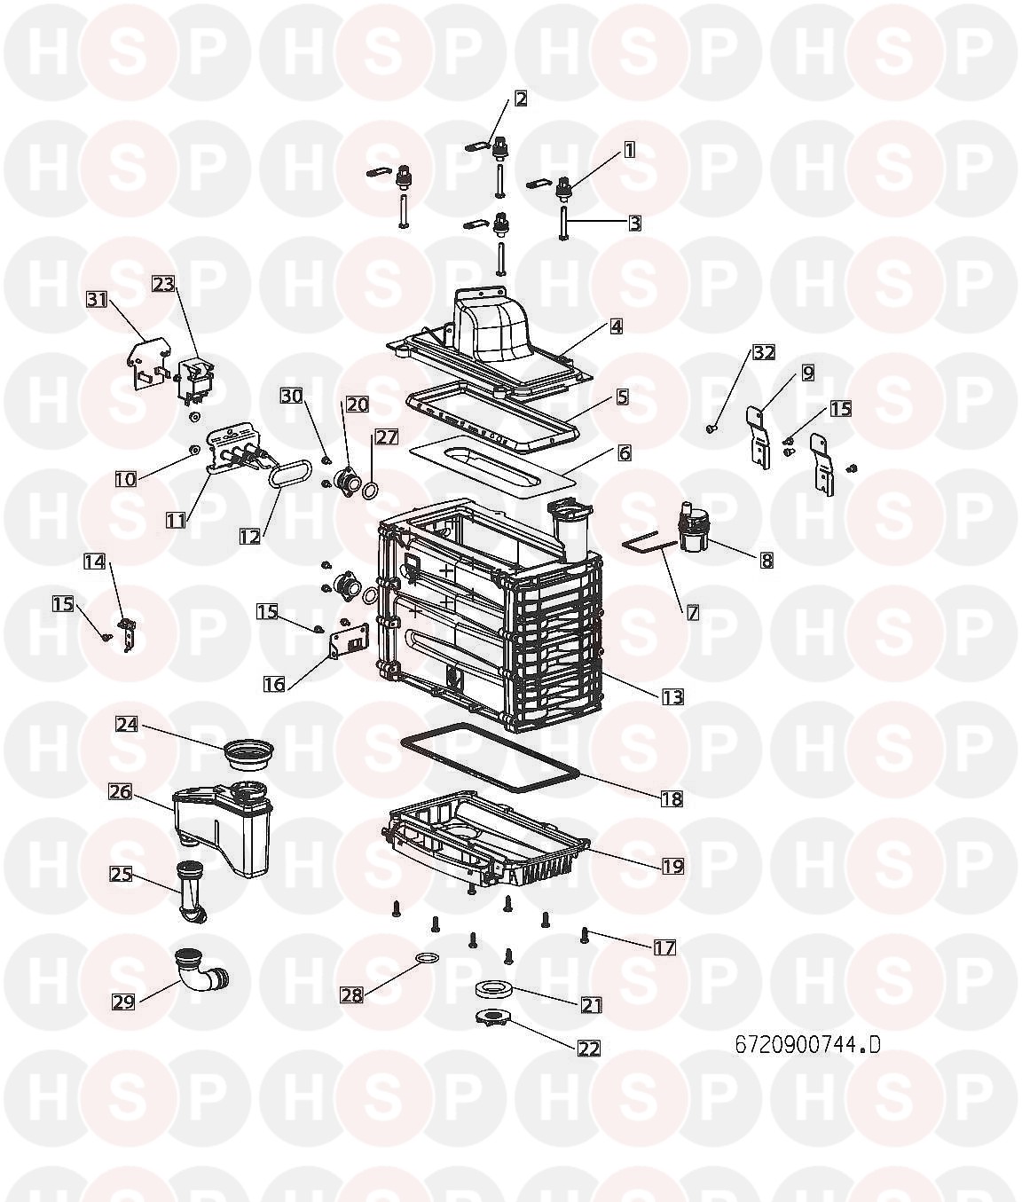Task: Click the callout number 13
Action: coord(672,696)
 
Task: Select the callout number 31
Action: coord(97,300)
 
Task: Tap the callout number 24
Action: coord(127,725)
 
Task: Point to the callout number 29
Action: coord(123,1002)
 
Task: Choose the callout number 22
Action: coord(588,1048)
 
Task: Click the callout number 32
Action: coord(764,352)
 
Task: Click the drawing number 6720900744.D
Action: coord(807,1044)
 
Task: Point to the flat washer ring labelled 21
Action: coord(492,988)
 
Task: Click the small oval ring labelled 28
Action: coord(428,958)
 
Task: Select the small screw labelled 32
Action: coord(710,429)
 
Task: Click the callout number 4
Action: coord(617,326)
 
